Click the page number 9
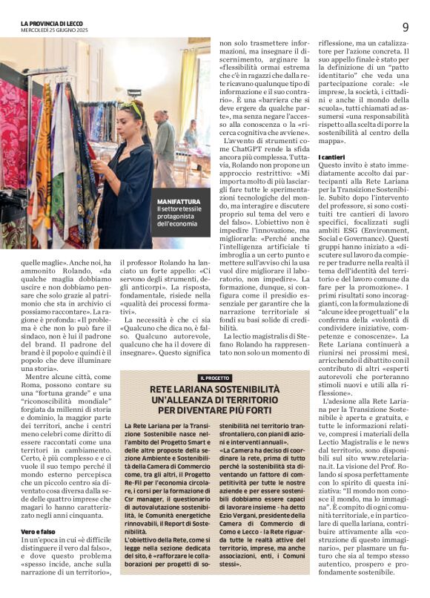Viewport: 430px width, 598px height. pos(406,27)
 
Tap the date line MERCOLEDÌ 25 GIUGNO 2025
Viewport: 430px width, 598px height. pos(54,30)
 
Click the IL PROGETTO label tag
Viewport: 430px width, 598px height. pos(215,378)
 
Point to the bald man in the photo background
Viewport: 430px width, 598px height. pos(161,121)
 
